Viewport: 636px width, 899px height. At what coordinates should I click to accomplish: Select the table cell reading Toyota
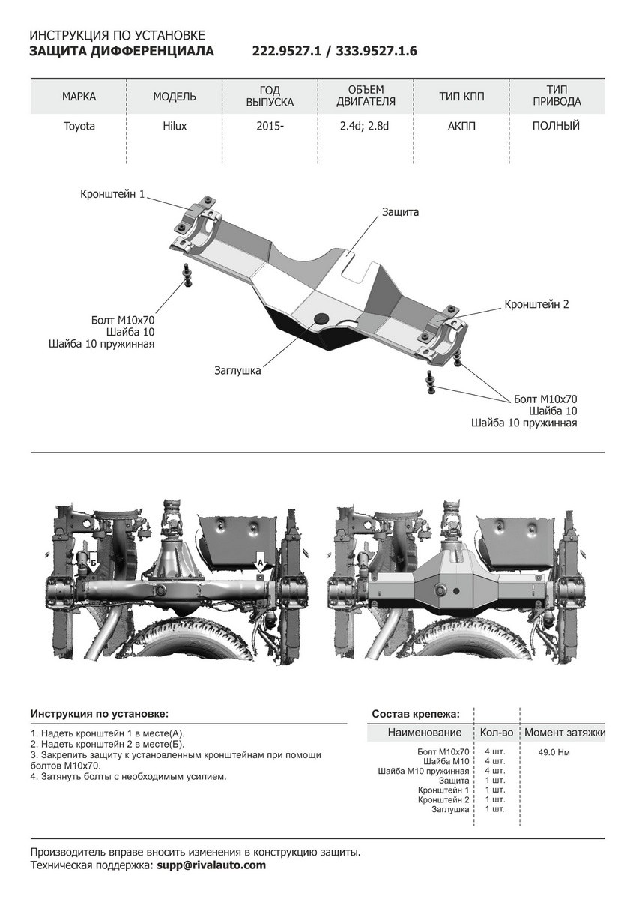[79, 126]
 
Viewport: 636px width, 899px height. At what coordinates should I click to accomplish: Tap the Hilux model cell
[175, 126]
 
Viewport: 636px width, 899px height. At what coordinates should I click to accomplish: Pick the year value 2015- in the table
[270, 126]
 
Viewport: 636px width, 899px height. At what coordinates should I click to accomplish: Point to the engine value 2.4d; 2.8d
[366, 126]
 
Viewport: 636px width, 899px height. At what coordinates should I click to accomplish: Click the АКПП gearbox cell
[461, 126]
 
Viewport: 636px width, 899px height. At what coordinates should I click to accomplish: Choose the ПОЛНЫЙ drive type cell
[556, 126]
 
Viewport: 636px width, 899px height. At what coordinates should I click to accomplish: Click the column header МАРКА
[79, 97]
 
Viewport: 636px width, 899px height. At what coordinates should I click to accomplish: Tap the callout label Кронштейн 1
[112, 194]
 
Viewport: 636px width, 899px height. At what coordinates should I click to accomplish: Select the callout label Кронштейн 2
[536, 304]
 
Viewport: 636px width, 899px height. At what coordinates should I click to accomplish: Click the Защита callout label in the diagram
[400, 212]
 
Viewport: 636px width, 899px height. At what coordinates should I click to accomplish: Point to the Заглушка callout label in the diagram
[237, 370]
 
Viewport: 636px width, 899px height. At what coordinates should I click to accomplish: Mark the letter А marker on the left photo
[260, 560]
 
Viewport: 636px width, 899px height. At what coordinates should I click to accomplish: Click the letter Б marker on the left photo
[94, 560]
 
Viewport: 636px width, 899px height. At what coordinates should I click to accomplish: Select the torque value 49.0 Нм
[554, 752]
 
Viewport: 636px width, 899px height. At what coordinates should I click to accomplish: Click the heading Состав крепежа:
[416, 714]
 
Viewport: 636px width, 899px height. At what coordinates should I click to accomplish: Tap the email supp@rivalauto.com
[211, 865]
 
